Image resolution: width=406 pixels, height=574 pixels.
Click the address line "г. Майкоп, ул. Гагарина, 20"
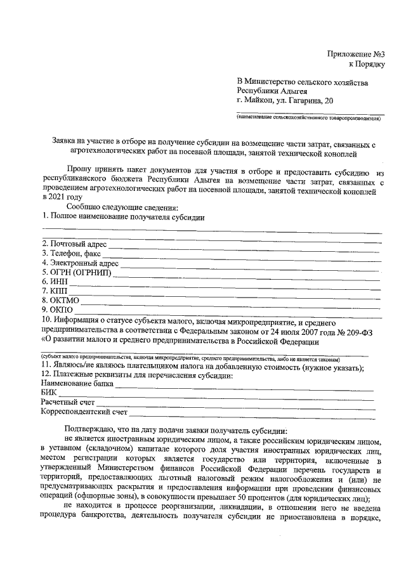click(283, 100)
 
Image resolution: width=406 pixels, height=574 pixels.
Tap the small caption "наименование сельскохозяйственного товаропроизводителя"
click(308, 118)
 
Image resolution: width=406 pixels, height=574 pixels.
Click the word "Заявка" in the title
click(65, 143)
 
